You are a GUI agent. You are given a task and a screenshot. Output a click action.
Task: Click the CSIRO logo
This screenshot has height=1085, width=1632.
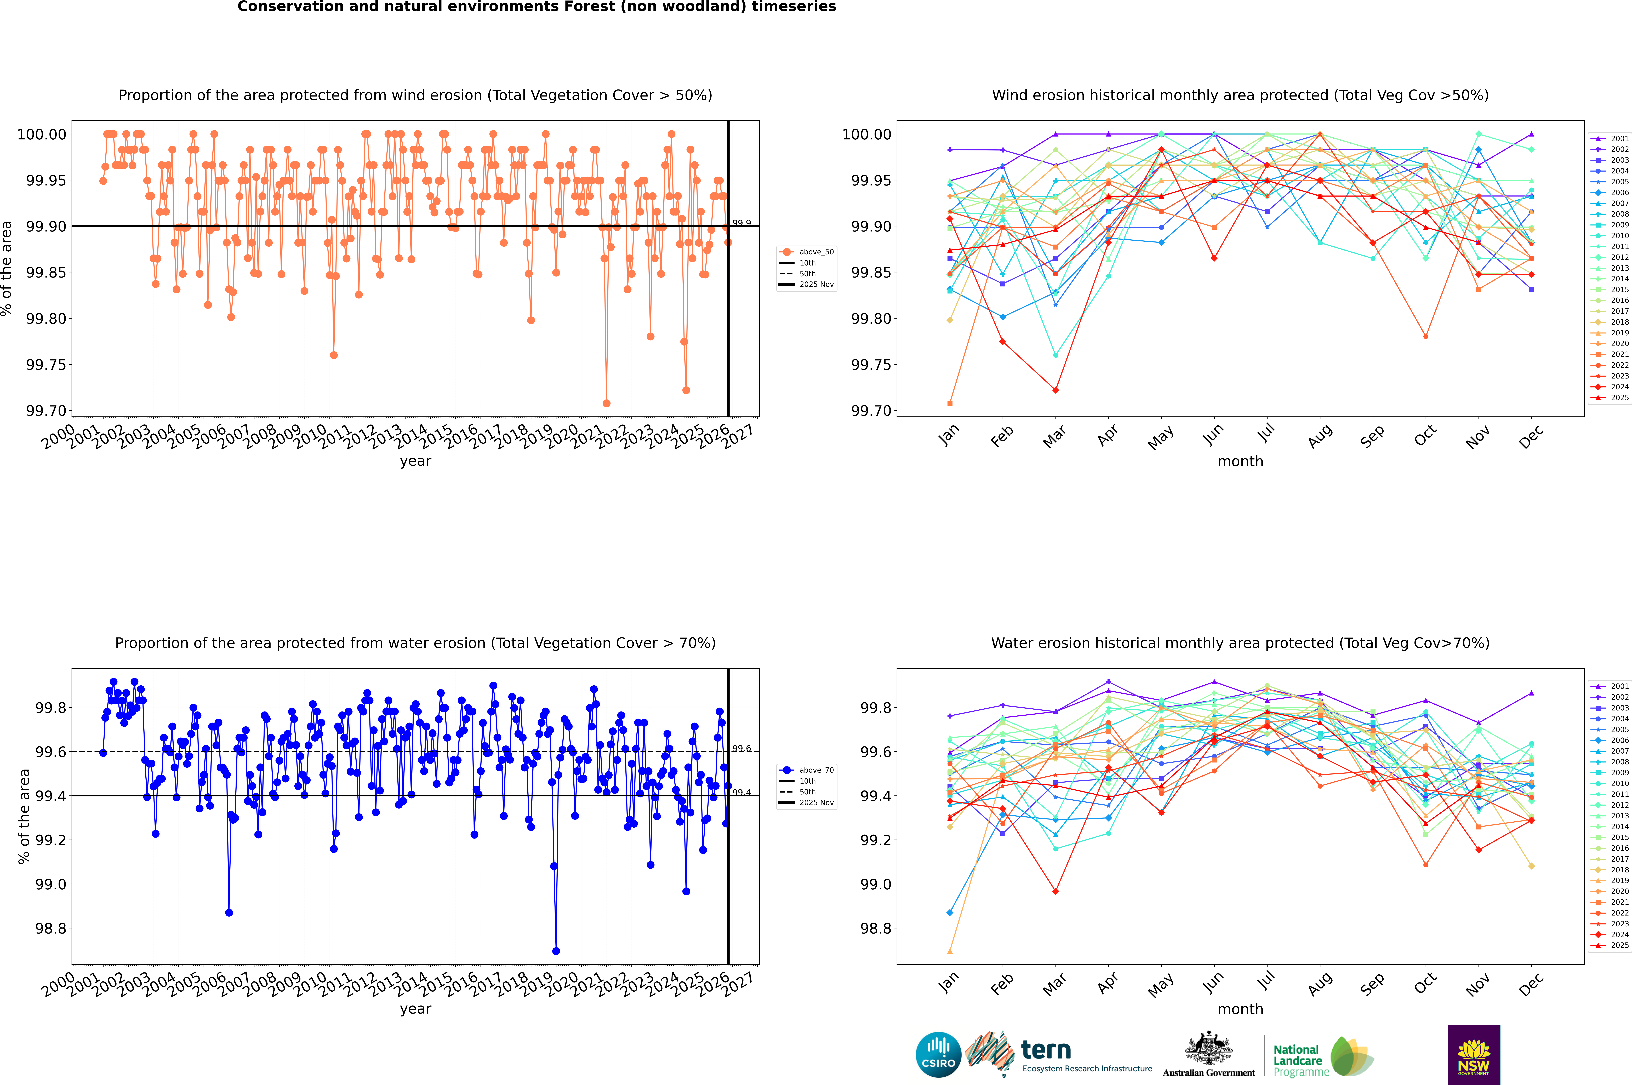(938, 1055)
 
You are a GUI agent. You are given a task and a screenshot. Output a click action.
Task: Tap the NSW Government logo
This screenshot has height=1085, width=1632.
(1474, 1055)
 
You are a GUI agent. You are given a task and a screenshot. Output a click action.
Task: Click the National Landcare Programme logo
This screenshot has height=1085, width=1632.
(1323, 1057)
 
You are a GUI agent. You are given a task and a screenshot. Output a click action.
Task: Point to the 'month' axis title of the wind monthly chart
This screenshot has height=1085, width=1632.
(1240, 462)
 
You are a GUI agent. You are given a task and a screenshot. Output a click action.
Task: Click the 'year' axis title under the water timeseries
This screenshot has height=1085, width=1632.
(415, 1009)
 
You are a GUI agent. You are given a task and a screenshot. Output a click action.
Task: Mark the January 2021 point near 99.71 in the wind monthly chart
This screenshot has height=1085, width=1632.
(950, 403)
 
